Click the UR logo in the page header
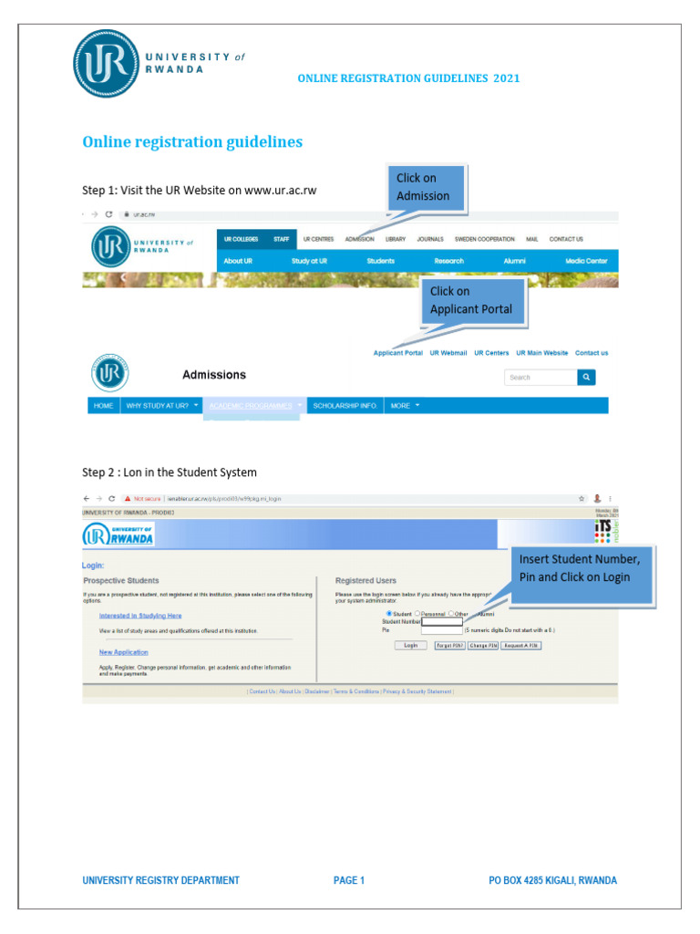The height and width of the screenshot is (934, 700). pos(107,63)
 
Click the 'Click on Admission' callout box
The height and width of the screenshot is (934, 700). pos(427,187)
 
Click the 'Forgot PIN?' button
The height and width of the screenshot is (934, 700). pos(449,645)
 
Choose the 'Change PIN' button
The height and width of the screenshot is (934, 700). pos(483,645)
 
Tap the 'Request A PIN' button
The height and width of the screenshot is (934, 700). pos(521,645)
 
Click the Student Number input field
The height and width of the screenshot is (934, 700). pos(441,621)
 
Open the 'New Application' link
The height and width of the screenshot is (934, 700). pos(123,652)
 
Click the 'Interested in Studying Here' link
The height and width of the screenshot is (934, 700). pos(140,616)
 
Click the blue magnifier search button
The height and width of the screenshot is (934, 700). pos(586,377)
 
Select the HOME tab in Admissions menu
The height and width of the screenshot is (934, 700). pos(103,405)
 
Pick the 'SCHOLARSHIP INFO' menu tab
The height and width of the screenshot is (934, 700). pos(345,405)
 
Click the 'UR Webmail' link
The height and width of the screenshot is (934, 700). pos(448,353)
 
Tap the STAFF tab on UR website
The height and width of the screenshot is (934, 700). pos(281,239)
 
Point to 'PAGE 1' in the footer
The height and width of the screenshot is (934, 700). pos(349,880)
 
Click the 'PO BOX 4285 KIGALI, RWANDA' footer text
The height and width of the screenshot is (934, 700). pos(552,880)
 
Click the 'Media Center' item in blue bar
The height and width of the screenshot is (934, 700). pos(586,261)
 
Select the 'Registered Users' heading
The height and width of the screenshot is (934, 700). pos(365,580)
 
